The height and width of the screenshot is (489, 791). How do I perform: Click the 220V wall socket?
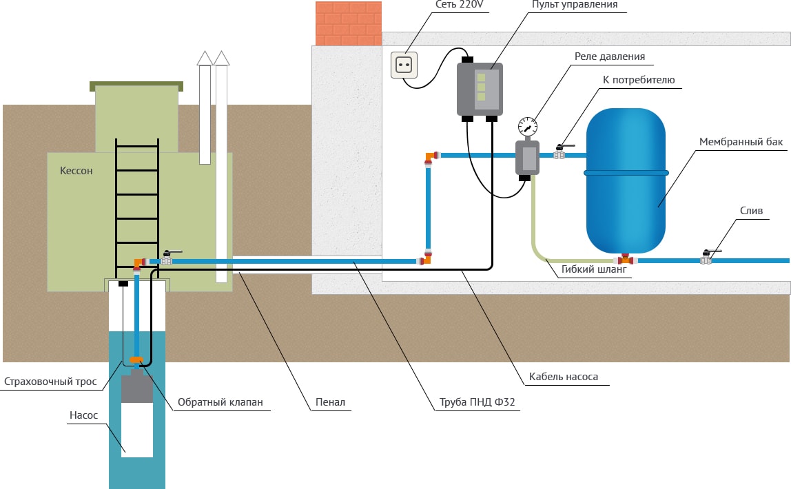click(405, 65)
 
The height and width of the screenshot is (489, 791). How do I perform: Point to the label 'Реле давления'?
click(610, 56)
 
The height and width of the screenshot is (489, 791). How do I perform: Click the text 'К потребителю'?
click(639, 81)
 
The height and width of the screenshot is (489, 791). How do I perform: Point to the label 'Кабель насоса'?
click(564, 377)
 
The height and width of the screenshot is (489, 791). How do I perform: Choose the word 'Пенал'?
click(331, 402)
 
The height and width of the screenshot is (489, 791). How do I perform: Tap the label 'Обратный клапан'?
click(220, 402)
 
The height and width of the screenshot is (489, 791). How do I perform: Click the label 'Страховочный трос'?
click(50, 381)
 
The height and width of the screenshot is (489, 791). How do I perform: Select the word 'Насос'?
click(83, 415)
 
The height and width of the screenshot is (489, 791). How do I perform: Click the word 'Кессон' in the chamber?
click(76, 170)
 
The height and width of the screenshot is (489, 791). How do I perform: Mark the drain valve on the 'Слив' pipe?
click(706, 260)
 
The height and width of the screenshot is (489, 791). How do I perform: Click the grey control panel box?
click(480, 89)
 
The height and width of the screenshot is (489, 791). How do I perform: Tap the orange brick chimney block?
click(348, 23)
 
